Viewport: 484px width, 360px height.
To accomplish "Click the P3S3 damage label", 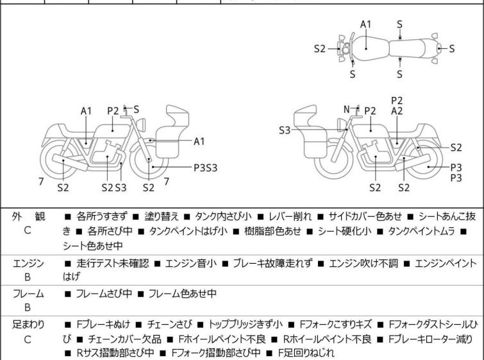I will pyautogui.click(x=206, y=167).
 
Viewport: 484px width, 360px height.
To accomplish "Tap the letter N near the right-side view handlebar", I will pyautogui.click(x=347, y=109).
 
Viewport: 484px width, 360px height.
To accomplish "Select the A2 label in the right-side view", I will pyautogui.click(x=397, y=111).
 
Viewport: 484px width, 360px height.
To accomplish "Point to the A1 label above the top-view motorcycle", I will pyautogui.click(x=365, y=24).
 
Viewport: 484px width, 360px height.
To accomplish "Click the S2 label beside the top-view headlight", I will pyautogui.click(x=320, y=48).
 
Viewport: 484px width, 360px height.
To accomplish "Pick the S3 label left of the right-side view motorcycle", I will pyautogui.click(x=285, y=130).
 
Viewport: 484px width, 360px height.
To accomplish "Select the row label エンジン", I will pyautogui.click(x=27, y=263).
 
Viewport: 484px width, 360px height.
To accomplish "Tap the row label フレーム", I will pyautogui.click(x=27, y=294).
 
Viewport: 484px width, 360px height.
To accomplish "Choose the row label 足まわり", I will pyautogui.click(x=27, y=325).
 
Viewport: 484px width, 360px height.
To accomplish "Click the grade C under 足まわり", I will pyautogui.click(x=27, y=339).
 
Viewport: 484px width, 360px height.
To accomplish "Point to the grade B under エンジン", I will pyautogui.click(x=27, y=278).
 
